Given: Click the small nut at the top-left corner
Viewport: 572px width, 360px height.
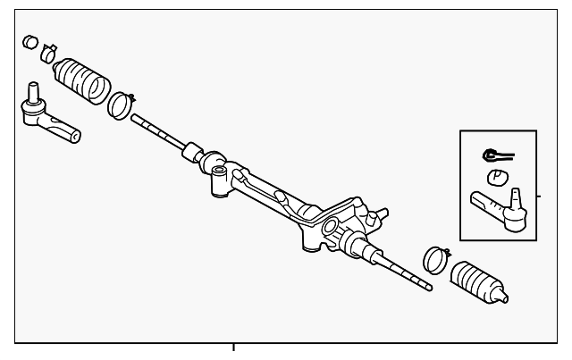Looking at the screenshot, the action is click(x=29, y=41).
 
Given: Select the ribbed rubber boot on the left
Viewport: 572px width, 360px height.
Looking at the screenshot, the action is click(x=82, y=80).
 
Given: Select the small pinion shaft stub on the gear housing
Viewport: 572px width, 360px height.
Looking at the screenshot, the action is click(x=383, y=213).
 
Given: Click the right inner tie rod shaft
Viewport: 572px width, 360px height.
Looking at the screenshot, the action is click(x=402, y=271).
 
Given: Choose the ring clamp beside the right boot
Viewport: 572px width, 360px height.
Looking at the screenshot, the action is click(x=433, y=259).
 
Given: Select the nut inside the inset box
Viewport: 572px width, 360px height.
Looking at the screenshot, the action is click(x=497, y=176).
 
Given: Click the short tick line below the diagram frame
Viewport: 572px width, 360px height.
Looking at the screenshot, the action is click(x=233, y=348).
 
